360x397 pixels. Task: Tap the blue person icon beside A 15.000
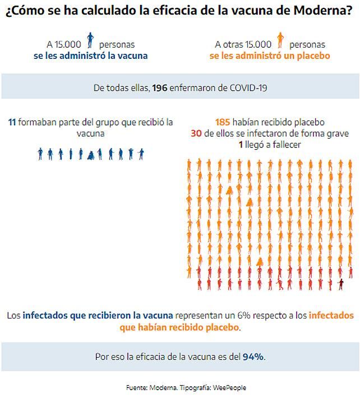coord(90,41)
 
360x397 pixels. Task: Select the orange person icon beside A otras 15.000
coord(279,41)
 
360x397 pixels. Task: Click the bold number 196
coord(159,88)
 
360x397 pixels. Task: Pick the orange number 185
coord(223,122)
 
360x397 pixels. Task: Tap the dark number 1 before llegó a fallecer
coord(241,145)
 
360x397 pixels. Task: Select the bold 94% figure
coord(253,357)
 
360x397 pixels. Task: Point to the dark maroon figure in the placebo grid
coord(340,284)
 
